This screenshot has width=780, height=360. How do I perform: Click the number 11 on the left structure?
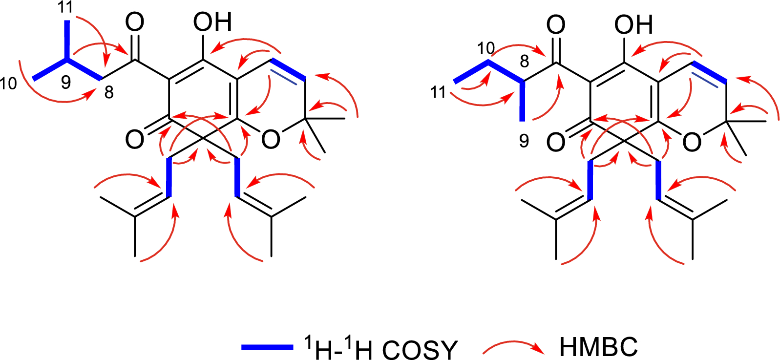pos(65,7)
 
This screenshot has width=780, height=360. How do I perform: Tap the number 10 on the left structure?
pos(8,84)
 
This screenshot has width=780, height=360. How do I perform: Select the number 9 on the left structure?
pos(66,83)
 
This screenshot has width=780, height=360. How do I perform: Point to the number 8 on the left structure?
pos(109,93)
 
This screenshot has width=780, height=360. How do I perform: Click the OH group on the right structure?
pos(633,25)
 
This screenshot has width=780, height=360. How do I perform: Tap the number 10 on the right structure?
pos(486,49)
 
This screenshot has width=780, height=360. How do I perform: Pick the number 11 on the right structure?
pos(438,93)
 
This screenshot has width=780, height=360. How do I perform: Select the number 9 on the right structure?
pos(524,141)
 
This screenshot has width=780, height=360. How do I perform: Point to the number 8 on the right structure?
pos(524,61)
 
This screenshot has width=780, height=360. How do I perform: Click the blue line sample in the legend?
pos(268,347)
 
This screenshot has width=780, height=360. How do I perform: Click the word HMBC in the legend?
pos(598,347)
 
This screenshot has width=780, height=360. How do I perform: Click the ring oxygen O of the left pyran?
pos(271,140)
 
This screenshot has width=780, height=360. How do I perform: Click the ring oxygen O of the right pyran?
pos(692,142)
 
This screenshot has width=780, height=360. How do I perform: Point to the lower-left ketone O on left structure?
pos(134,140)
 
